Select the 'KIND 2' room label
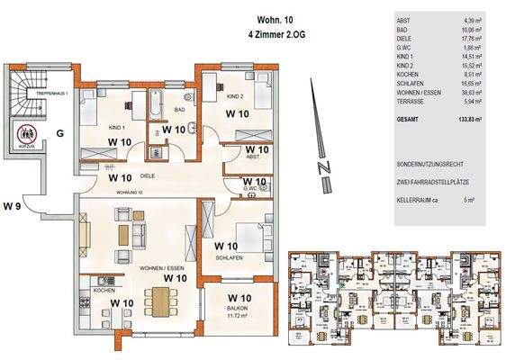pos(235,95)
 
